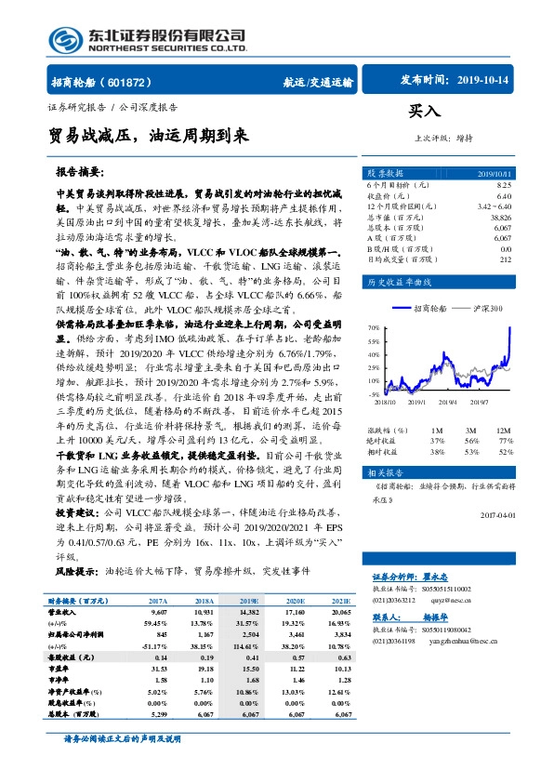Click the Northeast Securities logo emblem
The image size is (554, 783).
tap(61, 38)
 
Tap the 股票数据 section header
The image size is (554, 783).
tap(385, 174)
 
